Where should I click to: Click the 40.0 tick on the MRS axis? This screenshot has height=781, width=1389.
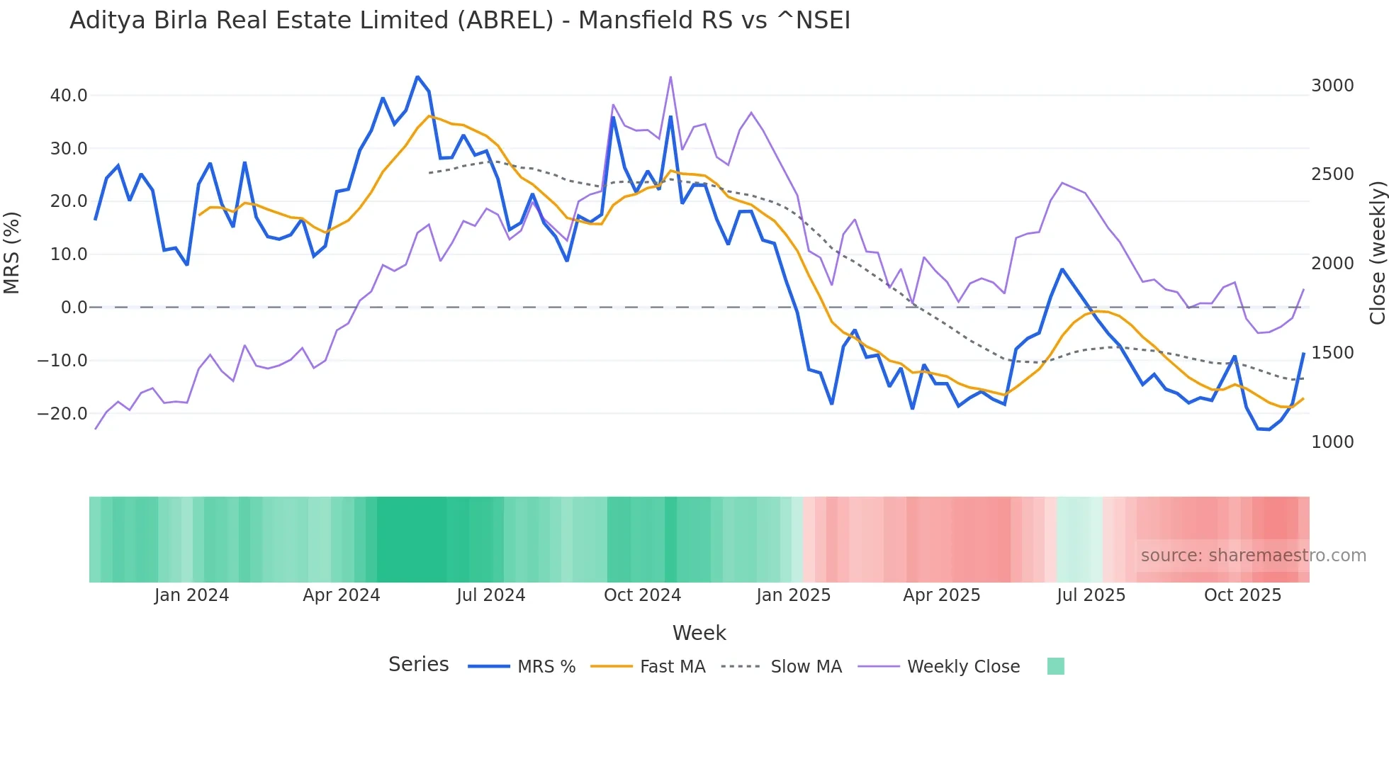68,95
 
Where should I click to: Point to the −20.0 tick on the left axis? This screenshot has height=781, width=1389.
62,413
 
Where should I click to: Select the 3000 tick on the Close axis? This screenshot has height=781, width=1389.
1332,85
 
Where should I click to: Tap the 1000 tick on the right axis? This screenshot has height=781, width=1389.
1332,442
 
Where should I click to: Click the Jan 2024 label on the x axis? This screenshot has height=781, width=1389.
191,595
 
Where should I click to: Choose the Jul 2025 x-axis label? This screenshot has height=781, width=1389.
1091,595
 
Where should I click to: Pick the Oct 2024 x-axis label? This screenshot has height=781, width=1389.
642,595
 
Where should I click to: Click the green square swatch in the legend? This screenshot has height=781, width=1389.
1055,666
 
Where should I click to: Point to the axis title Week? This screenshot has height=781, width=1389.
699,633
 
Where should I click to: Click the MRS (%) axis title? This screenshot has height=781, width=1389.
12,252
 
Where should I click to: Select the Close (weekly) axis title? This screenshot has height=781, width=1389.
1377,252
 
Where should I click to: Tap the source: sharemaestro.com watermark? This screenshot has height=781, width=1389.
1253,556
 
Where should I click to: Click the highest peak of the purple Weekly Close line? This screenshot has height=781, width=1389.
670,77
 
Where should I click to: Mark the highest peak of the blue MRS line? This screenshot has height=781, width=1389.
417,77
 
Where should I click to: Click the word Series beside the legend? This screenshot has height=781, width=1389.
418,665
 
